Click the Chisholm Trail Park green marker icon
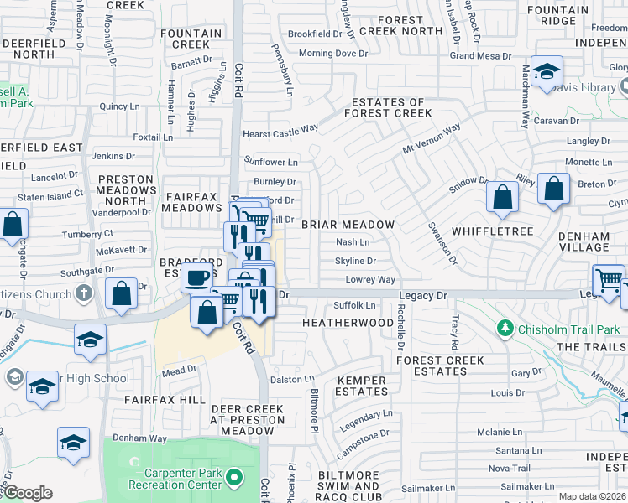pyautogui.click(x=505, y=328)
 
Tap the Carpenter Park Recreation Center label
pyautogui.click(x=175, y=479)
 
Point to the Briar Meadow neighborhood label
pyautogui.click(x=348, y=225)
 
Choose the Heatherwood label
pyautogui.click(x=348, y=323)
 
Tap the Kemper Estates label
pyautogui.click(x=361, y=386)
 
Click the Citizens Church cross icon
pyautogui.click(x=83, y=293)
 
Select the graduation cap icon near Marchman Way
pyautogui.click(x=546, y=73)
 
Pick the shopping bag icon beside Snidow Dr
pyautogui.click(x=502, y=198)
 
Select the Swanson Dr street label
pyautogui.click(x=442, y=243)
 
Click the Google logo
pyautogui.click(x=27, y=493)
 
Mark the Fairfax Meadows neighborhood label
pyautogui.click(x=191, y=202)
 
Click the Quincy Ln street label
pyautogui.click(x=118, y=106)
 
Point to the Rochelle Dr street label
pyautogui.click(x=400, y=327)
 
